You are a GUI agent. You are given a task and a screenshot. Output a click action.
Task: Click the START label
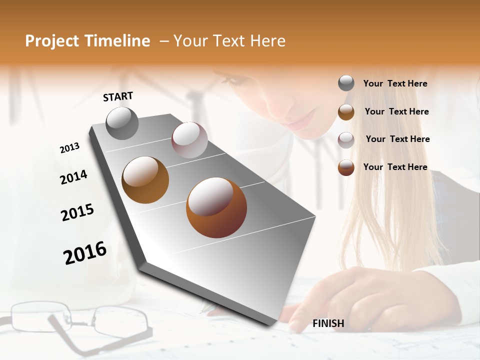[118, 96]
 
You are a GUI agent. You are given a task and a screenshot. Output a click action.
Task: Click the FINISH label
[328, 323]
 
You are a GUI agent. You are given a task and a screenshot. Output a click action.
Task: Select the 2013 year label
[69, 148]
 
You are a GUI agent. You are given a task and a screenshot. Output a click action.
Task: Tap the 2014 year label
[73, 177]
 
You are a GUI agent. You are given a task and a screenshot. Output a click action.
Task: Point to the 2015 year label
[77, 212]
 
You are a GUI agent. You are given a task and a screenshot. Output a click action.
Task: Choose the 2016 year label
[85, 253]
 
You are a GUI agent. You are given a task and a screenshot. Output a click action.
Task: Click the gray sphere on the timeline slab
[122, 123]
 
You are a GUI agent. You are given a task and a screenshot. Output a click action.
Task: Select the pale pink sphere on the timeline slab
[189, 140]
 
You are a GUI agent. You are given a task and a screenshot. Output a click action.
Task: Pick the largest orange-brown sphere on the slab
[216, 207]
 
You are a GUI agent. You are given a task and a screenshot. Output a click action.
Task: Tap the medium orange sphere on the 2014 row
[145, 179]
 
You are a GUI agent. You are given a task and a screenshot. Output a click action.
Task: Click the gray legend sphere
[346, 83]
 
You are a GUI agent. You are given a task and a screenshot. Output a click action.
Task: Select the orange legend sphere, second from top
[346, 112]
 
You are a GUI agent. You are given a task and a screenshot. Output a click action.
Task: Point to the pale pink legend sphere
[346, 139]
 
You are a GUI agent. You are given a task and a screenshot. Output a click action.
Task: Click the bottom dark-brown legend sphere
[346, 167]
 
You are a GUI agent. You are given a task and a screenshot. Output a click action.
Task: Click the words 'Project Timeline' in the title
[87, 41]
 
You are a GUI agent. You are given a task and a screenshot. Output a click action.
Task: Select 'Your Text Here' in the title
[229, 41]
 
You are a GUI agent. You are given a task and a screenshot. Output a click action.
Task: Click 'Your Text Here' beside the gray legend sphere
[395, 83]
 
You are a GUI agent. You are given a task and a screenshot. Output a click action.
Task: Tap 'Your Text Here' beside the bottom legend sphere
[395, 167]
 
